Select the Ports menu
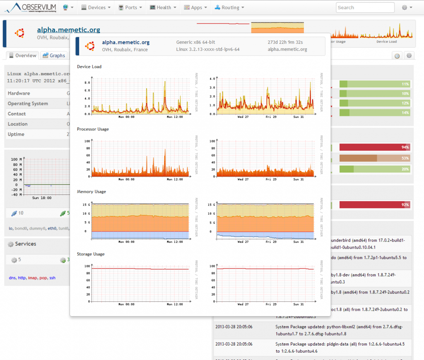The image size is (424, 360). point(130,7)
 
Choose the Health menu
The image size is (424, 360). point(163,7)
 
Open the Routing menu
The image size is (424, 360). point(230,7)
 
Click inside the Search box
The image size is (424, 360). point(365,7)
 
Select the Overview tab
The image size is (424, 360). point(23,55)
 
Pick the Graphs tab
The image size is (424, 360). point(54,55)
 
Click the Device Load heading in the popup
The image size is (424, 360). point(89,67)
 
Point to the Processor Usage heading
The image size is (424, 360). point(93,129)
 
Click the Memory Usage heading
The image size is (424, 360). point(91,192)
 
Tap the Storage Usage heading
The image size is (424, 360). point(91,254)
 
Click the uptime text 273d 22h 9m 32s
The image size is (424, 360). point(285,42)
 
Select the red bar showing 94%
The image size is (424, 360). point(375,147)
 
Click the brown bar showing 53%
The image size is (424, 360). point(375,158)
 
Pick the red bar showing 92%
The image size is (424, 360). point(375,205)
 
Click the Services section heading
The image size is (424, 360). point(25,244)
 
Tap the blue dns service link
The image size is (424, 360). point(12,278)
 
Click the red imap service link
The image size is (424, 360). point(32,278)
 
